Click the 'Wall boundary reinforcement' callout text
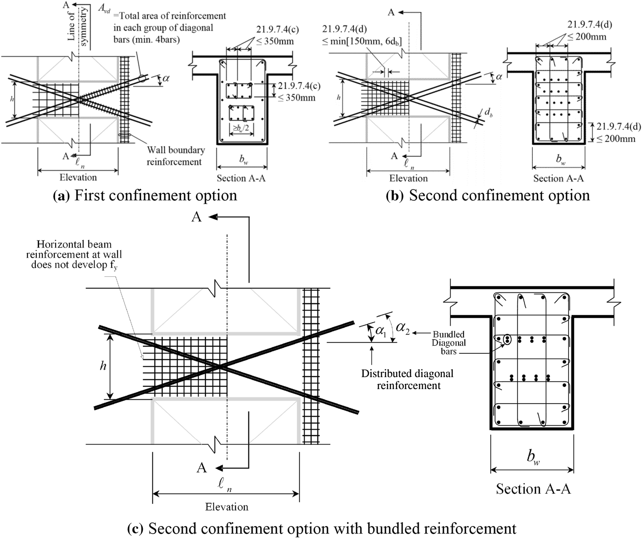click(175, 156)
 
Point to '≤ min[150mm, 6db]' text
click(362, 41)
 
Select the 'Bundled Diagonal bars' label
click(449, 343)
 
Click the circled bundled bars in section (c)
click(508, 340)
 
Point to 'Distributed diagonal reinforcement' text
click(408, 379)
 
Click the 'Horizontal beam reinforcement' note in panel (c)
click(74, 254)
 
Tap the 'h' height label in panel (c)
click(103, 366)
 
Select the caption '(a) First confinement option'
click(145, 195)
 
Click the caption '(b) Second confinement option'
click(488, 195)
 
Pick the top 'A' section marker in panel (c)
click(196, 217)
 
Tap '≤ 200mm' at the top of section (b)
click(587, 37)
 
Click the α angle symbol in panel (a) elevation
click(166, 78)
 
